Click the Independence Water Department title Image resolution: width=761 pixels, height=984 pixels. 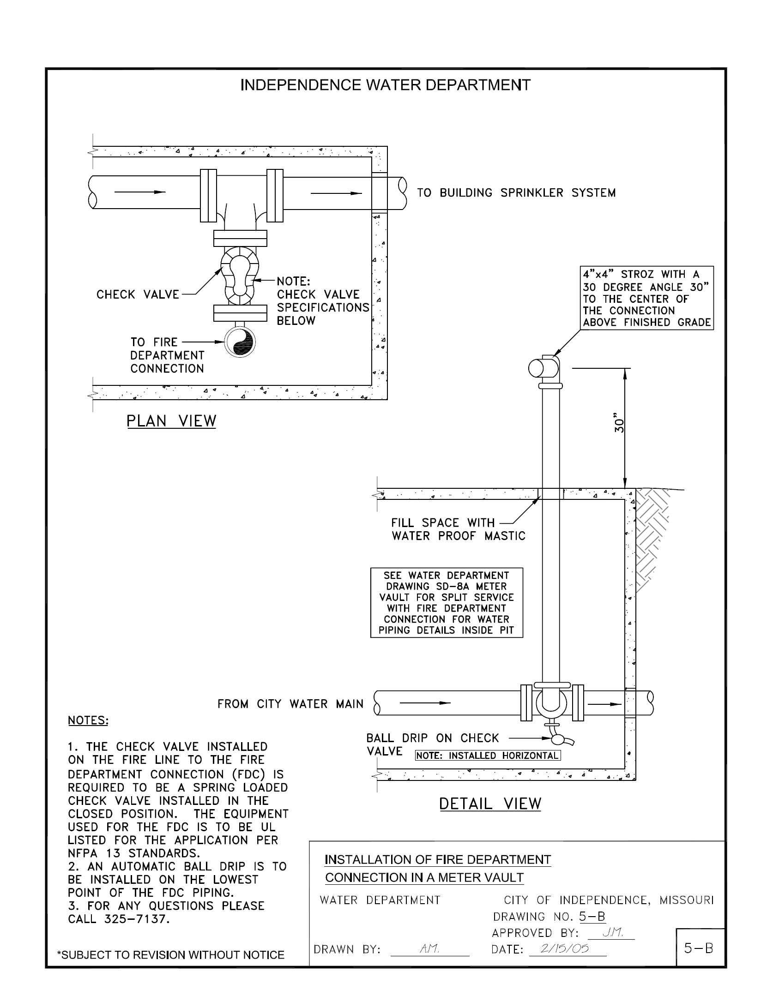coord(386,85)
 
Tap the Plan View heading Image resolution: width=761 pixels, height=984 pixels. coord(171,421)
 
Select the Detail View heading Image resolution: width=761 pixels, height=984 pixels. coord(489,804)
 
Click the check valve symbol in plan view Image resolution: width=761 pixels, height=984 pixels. coord(240,275)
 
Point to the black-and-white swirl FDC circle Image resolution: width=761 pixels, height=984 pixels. coord(239,342)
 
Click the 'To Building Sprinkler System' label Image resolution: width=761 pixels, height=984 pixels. coord(516,193)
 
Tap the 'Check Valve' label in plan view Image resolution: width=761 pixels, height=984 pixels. coord(138,294)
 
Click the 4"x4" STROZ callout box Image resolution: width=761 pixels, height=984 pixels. coord(646,299)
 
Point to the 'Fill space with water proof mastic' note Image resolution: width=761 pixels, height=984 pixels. coord(458,529)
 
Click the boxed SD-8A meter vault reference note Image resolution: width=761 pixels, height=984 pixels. coord(447,603)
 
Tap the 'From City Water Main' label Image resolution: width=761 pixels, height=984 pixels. coord(290,704)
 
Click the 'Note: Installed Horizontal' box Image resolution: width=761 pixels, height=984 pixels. coord(488,756)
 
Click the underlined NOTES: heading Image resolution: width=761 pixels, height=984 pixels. coord(88,720)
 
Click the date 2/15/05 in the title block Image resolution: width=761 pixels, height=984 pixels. coord(567,949)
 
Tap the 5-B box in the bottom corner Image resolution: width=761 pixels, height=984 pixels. coord(699,948)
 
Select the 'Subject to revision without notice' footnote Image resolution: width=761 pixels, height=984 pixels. coord(170,954)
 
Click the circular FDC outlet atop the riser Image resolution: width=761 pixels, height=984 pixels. coord(537,368)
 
